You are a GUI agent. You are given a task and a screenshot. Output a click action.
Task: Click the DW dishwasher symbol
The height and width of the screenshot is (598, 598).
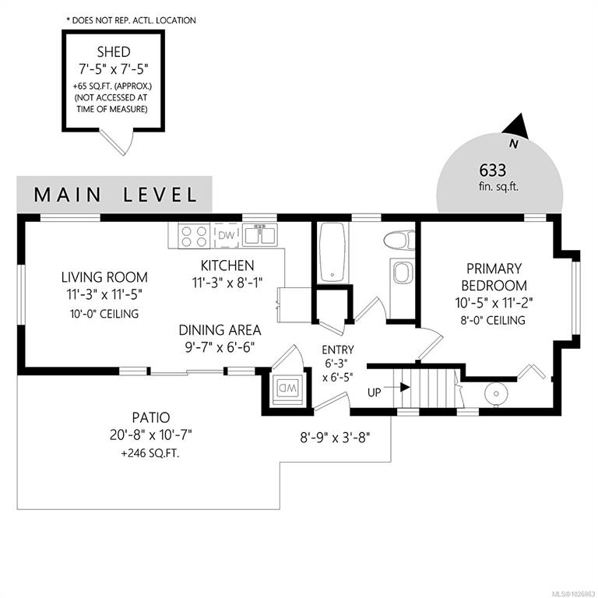226,235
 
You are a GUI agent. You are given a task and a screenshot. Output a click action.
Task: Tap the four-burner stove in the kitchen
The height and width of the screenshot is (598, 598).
195,236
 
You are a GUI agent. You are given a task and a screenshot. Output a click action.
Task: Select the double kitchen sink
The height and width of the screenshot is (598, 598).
261,235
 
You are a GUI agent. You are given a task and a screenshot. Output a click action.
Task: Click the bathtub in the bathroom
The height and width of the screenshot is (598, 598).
333,253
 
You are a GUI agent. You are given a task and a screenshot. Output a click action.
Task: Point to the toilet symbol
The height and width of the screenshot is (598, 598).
399,241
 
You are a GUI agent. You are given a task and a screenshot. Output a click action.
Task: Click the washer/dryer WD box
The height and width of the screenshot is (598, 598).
287,389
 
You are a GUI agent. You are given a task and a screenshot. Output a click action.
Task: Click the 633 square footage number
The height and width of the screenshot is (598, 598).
493,170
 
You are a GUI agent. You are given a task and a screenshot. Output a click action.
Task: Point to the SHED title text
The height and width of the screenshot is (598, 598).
114,51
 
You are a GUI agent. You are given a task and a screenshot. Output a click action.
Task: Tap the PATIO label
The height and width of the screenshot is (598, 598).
151,417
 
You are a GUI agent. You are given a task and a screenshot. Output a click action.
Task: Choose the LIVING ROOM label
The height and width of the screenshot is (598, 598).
104,277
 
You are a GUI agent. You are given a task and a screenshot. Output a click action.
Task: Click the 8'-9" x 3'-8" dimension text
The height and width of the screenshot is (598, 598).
336,438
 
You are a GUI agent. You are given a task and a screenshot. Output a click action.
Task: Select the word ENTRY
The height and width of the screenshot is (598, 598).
338,350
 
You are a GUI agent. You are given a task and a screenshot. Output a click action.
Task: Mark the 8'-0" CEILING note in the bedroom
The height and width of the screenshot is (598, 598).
493,320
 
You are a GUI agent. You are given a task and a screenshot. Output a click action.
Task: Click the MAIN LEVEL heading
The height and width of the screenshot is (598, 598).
115,195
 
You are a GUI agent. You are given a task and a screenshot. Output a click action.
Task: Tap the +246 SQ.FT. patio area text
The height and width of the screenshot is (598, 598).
150,453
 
